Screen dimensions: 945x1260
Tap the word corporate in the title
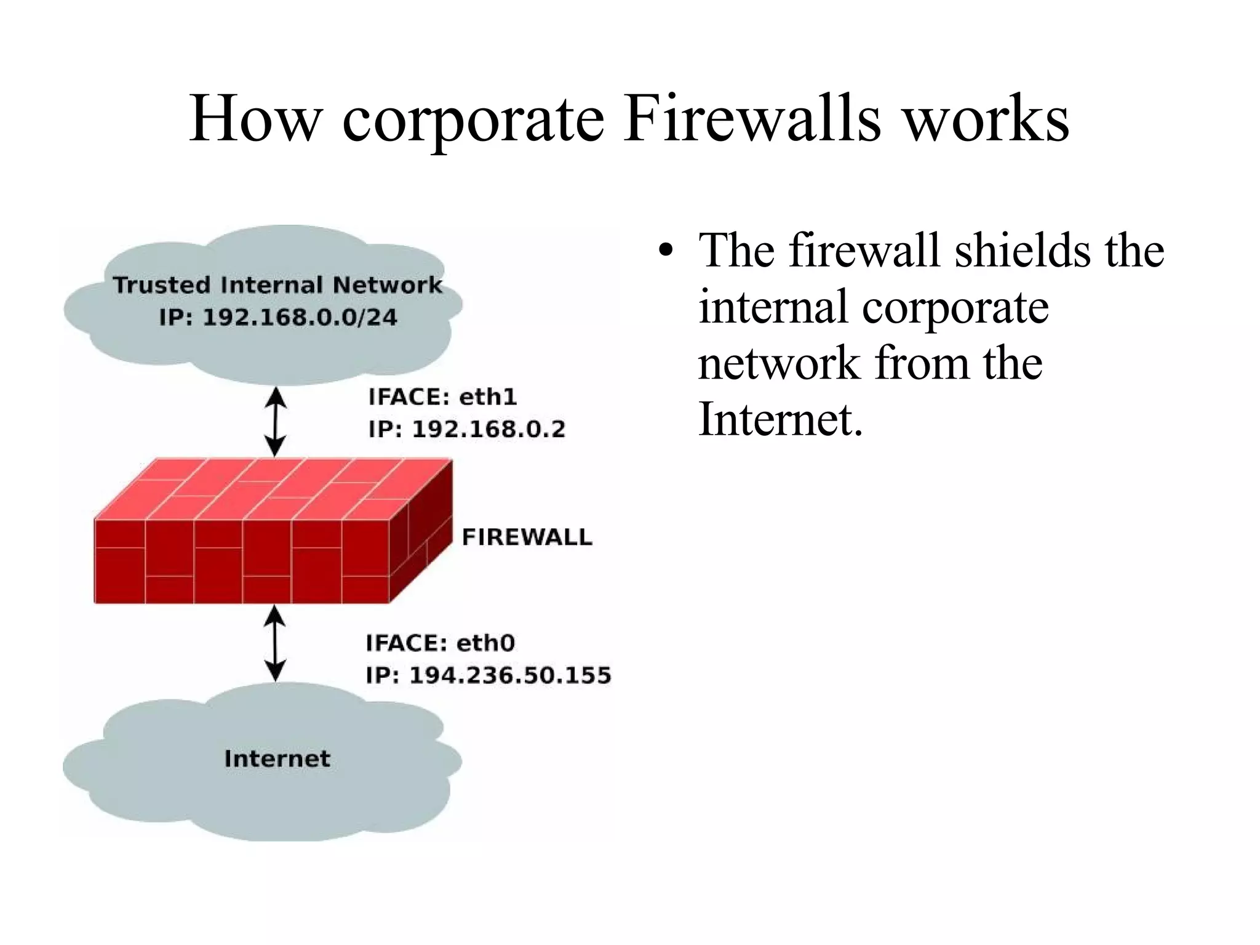(473, 120)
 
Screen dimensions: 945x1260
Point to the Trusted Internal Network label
(277, 285)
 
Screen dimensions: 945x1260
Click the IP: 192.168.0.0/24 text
(278, 317)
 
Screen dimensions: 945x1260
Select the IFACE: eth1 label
(442, 397)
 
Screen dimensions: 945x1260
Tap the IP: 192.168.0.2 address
(466, 429)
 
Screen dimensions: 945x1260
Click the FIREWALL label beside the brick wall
(527, 537)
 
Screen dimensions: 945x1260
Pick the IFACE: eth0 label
(440, 643)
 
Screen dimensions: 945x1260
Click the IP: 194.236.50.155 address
(488, 675)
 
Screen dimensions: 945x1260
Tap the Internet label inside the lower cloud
(277, 758)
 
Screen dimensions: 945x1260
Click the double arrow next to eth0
(275, 643)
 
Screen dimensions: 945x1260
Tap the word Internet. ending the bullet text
(781, 419)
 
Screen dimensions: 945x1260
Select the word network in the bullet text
(778, 363)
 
